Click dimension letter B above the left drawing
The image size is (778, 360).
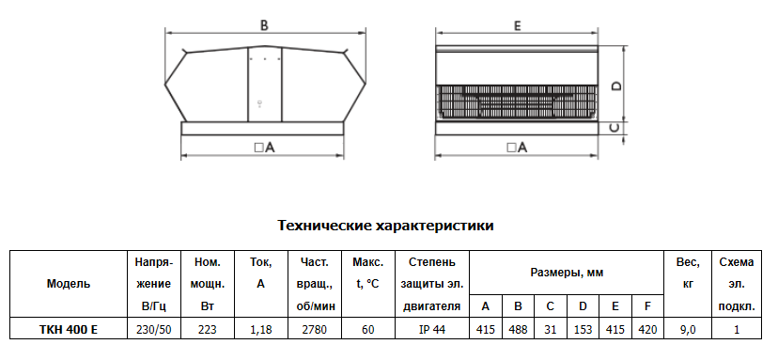[264, 25]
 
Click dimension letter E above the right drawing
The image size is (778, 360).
[518, 25]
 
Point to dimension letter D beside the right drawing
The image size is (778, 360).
[616, 86]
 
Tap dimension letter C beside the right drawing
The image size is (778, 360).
[615, 128]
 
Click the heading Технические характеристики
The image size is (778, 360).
[385, 226]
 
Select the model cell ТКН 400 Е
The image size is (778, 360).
[69, 329]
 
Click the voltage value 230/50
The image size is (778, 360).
[154, 329]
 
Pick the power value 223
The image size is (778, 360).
[208, 329]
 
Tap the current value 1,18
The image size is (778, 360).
[261, 329]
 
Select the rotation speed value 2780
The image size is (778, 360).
[315, 329]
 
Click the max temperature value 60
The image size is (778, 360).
[368, 329]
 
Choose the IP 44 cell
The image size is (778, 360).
[432, 329]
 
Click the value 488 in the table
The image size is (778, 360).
[518, 329]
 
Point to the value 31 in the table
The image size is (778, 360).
[551, 329]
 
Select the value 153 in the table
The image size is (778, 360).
[583, 329]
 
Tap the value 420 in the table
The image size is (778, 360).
[647, 329]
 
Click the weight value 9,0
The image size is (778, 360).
[688, 329]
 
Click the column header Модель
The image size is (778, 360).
[69, 284]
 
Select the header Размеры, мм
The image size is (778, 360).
[567, 273]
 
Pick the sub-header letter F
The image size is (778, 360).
[647, 306]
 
